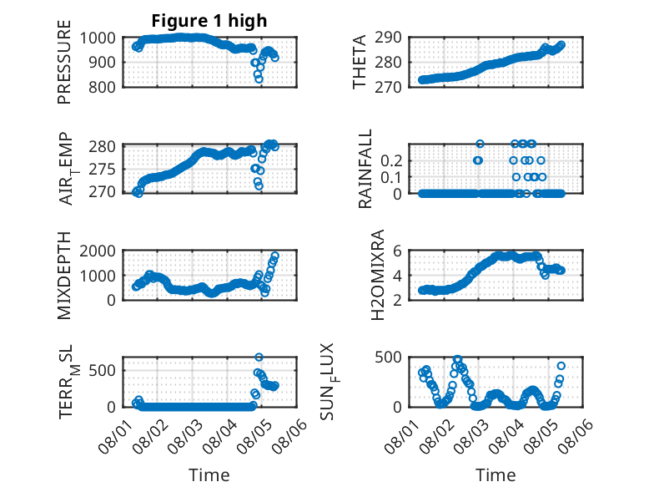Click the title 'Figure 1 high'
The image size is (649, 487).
pyautogui.click(x=209, y=21)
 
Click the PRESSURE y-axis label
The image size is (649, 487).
pyautogui.click(x=64, y=62)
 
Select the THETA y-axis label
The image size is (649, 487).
pyautogui.click(x=360, y=62)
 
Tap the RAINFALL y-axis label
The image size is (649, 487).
pyautogui.click(x=365, y=169)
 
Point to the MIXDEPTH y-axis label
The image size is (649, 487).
pyautogui.click(x=64, y=275)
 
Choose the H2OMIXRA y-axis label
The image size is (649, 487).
pyautogui.click(x=378, y=275)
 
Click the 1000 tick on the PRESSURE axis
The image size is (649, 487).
pyautogui.click(x=98, y=38)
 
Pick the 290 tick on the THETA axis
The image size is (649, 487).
pyautogui.click(x=388, y=38)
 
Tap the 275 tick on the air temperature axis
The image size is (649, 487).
pyautogui.click(x=103, y=170)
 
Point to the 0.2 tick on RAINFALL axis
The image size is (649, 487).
pyautogui.click(x=391, y=160)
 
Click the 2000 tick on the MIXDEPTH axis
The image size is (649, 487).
pyautogui.click(x=98, y=251)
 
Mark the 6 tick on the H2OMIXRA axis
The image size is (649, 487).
pyautogui.click(x=397, y=251)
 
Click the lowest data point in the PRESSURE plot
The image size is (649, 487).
pyautogui.click(x=259, y=79)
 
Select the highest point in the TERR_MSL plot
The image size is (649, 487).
pyautogui.click(x=259, y=358)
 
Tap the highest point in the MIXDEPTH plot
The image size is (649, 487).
pyautogui.click(x=274, y=256)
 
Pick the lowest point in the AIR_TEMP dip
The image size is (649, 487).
pyautogui.click(x=259, y=186)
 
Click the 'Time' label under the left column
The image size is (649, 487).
pyautogui.click(x=209, y=474)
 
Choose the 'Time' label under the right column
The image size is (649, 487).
pyautogui.click(x=496, y=474)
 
